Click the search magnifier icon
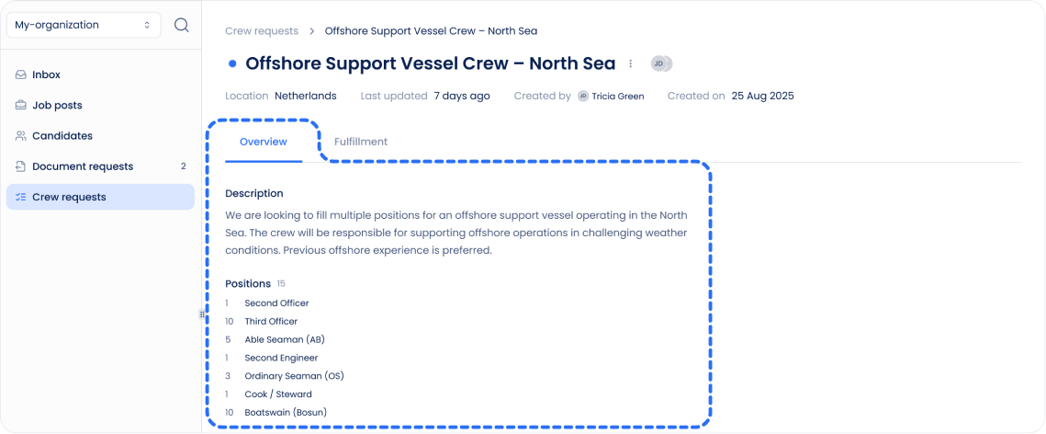click(181, 25)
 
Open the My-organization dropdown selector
click(83, 25)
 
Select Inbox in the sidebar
click(46, 74)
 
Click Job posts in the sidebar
click(57, 105)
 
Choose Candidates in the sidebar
click(62, 135)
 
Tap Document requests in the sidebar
click(82, 166)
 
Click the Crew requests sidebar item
click(69, 197)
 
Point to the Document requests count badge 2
click(183, 166)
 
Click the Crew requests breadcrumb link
click(262, 31)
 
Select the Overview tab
click(263, 142)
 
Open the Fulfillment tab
click(361, 142)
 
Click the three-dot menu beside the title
click(630, 63)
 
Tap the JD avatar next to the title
click(658, 63)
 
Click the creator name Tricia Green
click(618, 96)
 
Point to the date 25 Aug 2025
click(762, 96)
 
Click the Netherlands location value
click(305, 96)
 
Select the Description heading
click(253, 193)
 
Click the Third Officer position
click(271, 321)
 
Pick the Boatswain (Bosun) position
click(286, 412)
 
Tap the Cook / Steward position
click(277, 394)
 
